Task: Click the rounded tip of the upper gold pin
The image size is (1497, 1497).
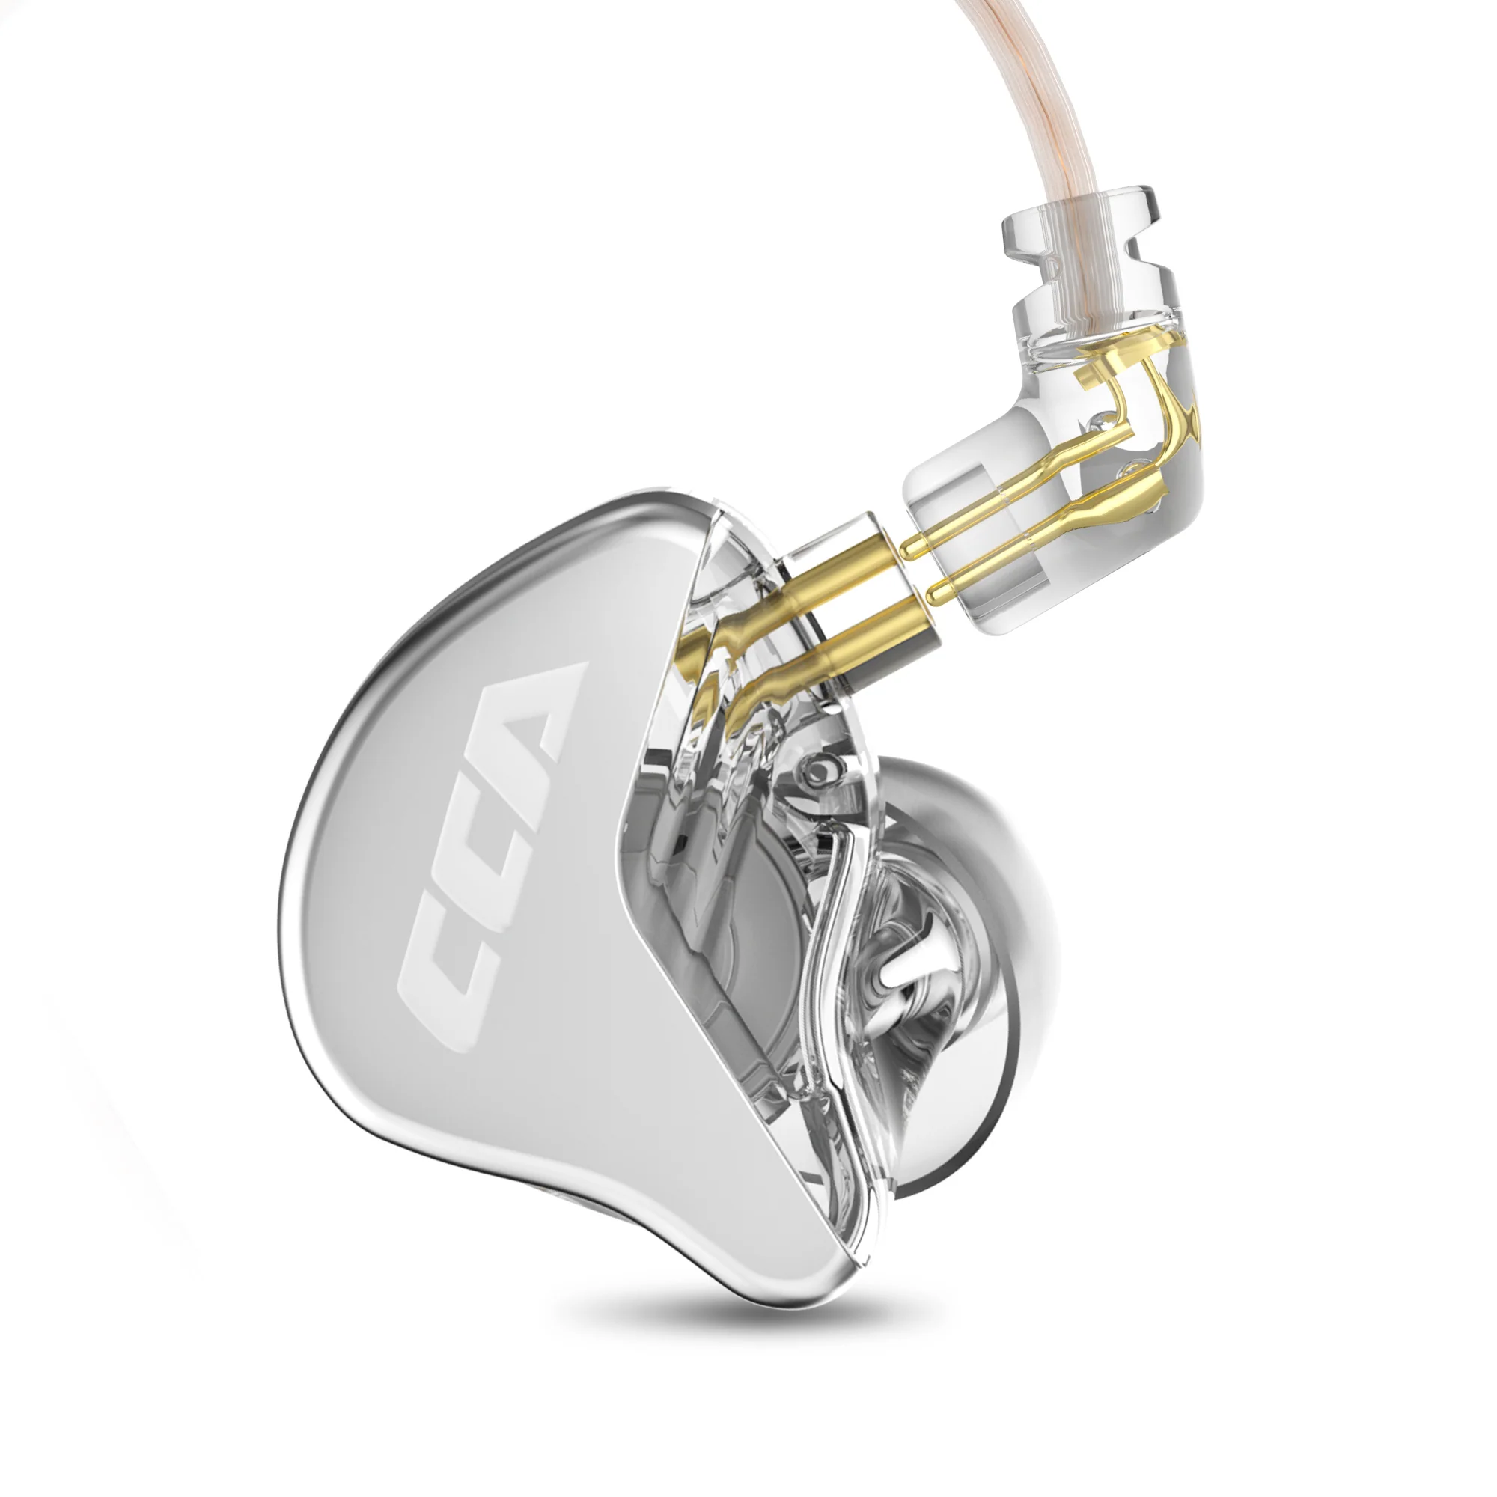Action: click(908, 549)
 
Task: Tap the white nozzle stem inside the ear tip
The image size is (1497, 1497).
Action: click(906, 981)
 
